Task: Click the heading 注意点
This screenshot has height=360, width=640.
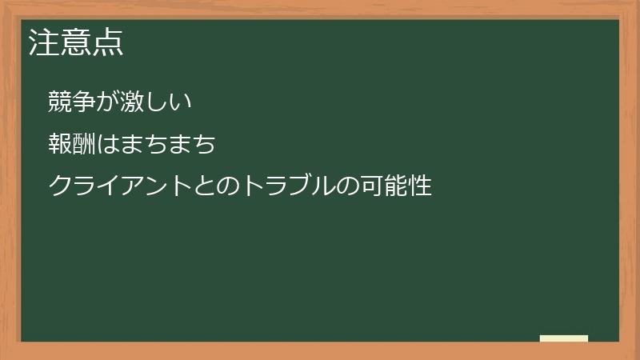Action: coord(76,42)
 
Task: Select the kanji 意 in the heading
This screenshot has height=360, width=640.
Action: coord(76,42)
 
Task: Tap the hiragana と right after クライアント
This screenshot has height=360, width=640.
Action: coord(202,186)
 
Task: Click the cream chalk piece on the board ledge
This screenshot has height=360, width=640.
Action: coord(564,338)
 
